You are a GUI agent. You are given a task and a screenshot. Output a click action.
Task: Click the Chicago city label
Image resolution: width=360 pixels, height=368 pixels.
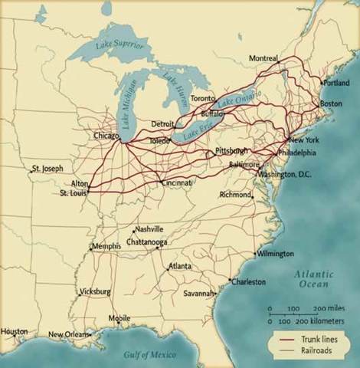click(x=106, y=136)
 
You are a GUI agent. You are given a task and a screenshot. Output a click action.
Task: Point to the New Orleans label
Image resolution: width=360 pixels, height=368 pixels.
click(x=70, y=335)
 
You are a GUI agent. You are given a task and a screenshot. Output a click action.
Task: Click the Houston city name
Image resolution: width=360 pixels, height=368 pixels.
click(x=14, y=331)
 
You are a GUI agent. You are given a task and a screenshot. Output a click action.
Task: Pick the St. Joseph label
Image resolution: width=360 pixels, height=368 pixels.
click(x=47, y=168)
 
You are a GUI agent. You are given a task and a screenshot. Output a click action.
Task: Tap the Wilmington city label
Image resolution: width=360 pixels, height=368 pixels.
click(x=276, y=254)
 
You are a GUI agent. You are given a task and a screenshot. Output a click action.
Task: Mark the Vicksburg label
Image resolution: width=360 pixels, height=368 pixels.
click(x=95, y=292)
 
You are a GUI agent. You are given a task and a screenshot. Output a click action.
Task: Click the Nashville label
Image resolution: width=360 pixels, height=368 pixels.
click(x=149, y=229)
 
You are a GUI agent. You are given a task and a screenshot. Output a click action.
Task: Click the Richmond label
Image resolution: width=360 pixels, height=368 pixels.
click(x=235, y=195)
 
